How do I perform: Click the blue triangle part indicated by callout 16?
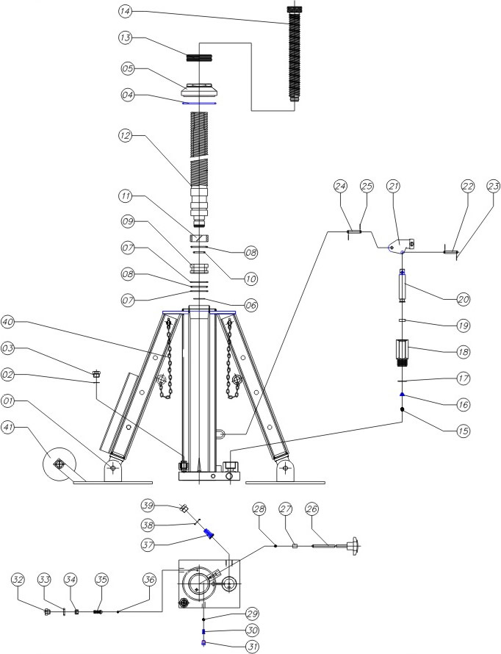(403, 395)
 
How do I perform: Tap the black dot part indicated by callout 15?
(403, 410)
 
